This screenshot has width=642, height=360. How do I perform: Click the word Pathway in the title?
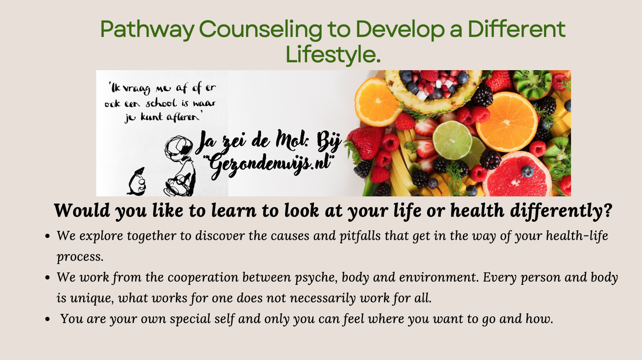pos(147,30)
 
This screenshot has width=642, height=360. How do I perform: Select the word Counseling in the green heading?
pos(261,30)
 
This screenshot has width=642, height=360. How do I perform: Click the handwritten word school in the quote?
pos(161,103)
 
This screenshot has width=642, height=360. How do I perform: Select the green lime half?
pos(452,140)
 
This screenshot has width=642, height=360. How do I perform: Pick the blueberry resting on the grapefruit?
pos(527,171)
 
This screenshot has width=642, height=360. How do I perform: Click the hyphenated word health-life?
pos(577,236)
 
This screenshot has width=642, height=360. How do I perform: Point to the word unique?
pos(92,299)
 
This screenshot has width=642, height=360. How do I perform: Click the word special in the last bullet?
pos(190,319)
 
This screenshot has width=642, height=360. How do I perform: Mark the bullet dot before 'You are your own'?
pos(48,319)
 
